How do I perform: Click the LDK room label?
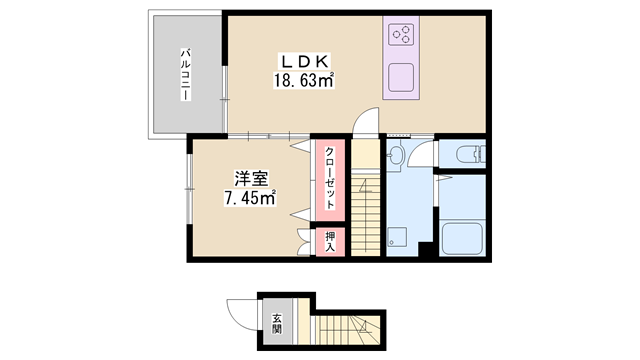pyautogui.click(x=304, y=61)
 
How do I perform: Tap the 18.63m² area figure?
pyautogui.click(x=304, y=80)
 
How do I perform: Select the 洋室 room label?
pyautogui.click(x=251, y=179)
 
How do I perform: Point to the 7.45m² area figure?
pyautogui.click(x=250, y=198)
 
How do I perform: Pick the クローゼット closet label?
pyautogui.click(x=330, y=178)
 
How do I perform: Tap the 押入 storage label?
pyautogui.click(x=330, y=242)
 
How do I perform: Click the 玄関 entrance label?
pyautogui.click(x=278, y=324)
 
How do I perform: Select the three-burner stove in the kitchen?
pyautogui.click(x=401, y=34)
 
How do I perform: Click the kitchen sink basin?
pyautogui.click(x=401, y=78)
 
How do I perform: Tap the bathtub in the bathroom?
pyautogui.click(x=462, y=239)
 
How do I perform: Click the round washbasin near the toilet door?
pyautogui.click(x=396, y=154)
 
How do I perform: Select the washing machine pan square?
pyautogui.click(x=397, y=237)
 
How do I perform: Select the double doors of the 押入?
pyautogui.click(x=304, y=242)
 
